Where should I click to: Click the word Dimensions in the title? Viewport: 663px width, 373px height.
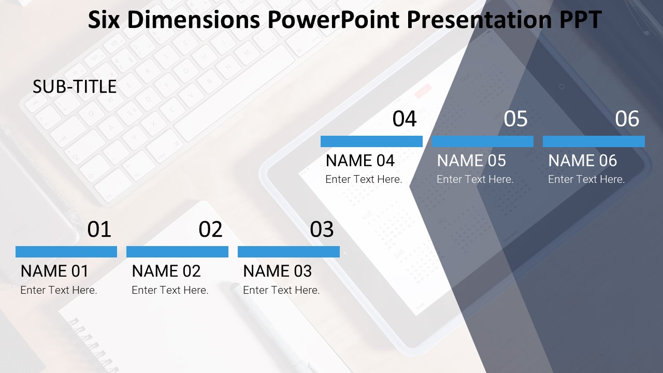[194, 20]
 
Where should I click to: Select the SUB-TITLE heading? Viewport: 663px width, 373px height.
[75, 87]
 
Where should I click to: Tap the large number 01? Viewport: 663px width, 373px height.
[99, 229]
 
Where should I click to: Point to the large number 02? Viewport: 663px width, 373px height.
[210, 229]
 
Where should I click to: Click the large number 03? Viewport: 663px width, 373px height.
[322, 229]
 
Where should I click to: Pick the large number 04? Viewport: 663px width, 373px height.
[405, 119]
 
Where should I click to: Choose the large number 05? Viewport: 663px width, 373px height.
[515, 119]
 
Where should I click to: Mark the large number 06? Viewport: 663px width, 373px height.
[627, 119]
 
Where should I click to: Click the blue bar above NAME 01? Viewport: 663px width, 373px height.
[66, 252]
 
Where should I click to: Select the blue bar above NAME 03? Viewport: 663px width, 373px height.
[289, 252]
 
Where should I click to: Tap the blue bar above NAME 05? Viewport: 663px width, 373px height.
[483, 141]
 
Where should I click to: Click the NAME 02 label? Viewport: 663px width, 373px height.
[166, 271]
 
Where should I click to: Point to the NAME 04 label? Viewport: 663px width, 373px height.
[360, 161]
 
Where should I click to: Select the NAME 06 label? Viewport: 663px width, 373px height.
[583, 161]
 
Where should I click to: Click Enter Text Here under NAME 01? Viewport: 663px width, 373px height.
[59, 290]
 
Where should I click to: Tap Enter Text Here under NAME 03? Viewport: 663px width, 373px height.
[281, 290]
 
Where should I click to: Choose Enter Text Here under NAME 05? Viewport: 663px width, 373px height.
[475, 179]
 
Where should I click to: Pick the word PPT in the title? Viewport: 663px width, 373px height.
[580, 20]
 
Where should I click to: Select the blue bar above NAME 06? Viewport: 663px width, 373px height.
[594, 141]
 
